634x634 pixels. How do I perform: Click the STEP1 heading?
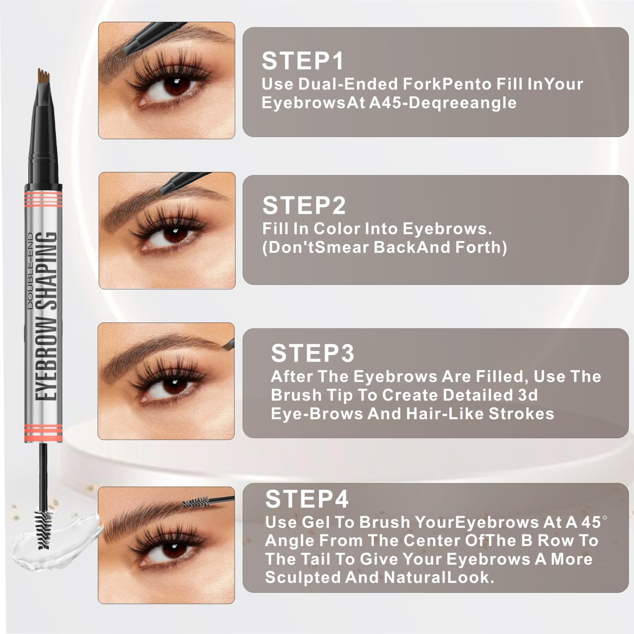coord(303,61)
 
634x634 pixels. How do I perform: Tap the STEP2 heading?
coord(304,205)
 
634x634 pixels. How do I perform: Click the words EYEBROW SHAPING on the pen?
coord(46,316)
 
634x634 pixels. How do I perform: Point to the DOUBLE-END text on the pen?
coord(31,276)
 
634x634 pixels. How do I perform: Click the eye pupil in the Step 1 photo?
coord(176,84)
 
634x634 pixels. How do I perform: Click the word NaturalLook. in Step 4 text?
coord(439,577)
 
